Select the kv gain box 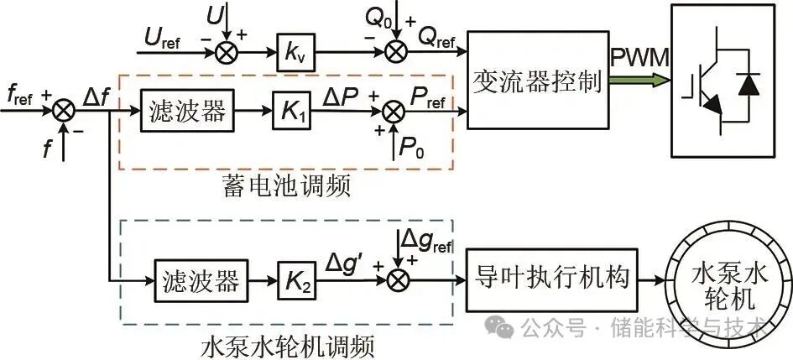(293, 57)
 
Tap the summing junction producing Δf (64, 110)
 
